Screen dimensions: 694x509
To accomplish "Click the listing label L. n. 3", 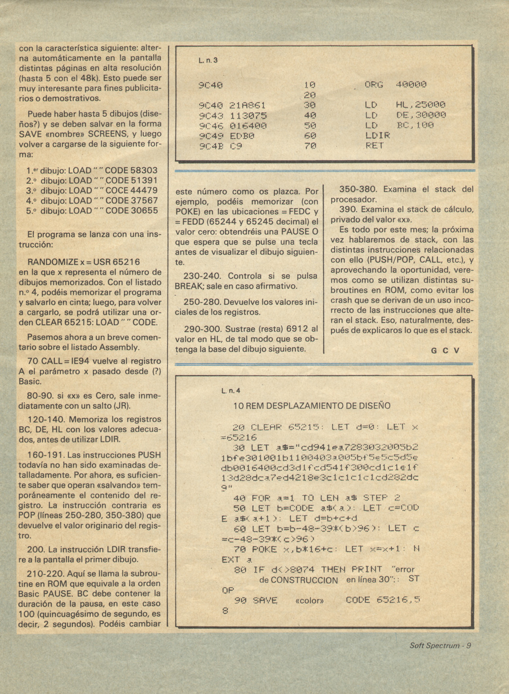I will tap(208, 60).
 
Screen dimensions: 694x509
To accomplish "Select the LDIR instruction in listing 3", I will tap(378, 135).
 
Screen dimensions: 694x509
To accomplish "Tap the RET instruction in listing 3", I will tap(375, 145).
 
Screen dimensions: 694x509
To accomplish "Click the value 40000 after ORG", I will tap(411, 85).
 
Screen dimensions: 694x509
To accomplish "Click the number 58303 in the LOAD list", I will tap(145, 171).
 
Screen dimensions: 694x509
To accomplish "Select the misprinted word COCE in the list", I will tap(117, 190).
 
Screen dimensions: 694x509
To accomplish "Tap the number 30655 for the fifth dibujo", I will tap(145, 211).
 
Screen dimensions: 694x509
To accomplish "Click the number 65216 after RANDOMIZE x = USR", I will tap(126, 262).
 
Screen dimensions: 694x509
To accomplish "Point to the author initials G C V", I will tap(445, 350).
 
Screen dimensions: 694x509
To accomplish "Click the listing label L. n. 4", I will tap(231, 391).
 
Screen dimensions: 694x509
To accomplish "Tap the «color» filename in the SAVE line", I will tap(310, 600).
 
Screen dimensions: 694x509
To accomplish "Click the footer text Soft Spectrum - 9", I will tap(440, 645).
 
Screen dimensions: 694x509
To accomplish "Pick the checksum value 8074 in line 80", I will tap(299, 570).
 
